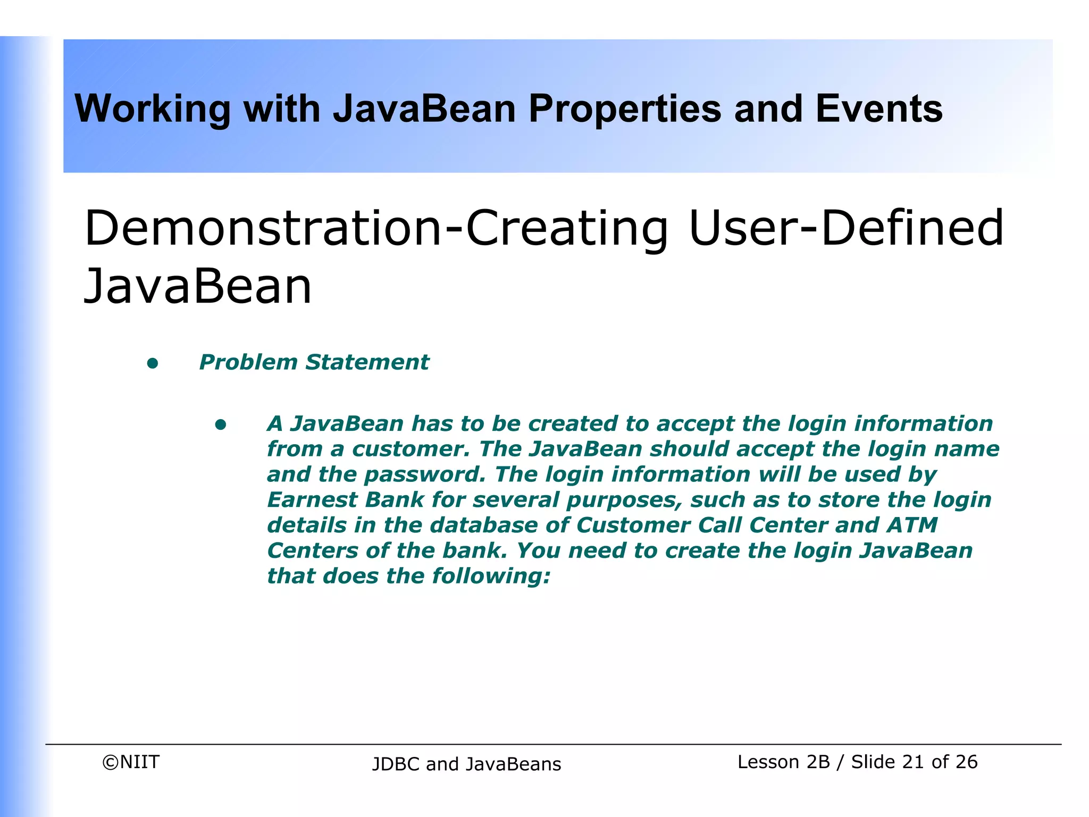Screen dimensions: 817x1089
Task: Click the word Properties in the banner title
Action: click(x=625, y=109)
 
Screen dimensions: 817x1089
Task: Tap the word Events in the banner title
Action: click(x=878, y=109)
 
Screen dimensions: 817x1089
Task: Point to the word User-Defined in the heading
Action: click(x=845, y=229)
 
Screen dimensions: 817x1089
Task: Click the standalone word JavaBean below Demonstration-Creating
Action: click(x=198, y=287)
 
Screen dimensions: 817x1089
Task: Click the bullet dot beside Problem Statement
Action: click(x=153, y=364)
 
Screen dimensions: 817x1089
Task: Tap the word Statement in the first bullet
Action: click(x=367, y=363)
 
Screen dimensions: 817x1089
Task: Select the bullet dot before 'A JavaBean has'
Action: click(x=221, y=425)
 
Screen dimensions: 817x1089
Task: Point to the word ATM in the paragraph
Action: click(x=912, y=526)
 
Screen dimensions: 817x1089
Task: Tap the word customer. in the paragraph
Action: click(x=411, y=449)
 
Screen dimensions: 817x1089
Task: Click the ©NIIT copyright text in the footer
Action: click(x=131, y=762)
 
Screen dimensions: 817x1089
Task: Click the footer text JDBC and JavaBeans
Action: click(x=466, y=764)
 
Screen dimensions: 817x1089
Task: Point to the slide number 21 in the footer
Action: click(x=913, y=762)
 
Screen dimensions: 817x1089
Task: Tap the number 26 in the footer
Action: click(x=966, y=762)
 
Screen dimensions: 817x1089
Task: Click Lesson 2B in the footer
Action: click(x=783, y=762)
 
